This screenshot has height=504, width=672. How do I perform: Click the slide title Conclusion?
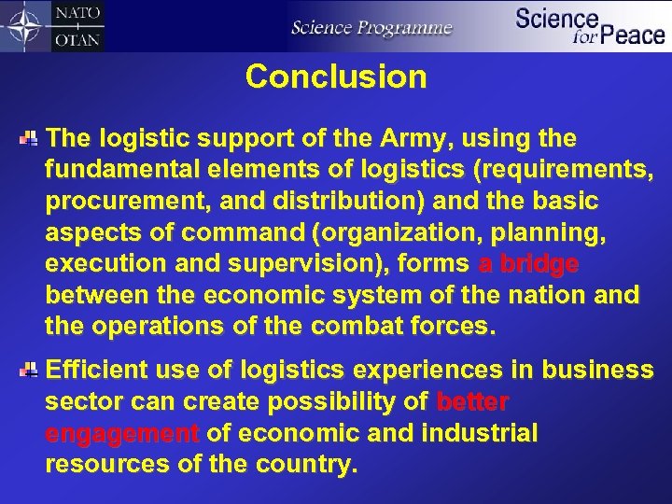coord(336,77)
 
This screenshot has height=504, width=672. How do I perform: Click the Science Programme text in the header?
coord(371,27)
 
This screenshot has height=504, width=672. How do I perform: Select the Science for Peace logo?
coord(589,25)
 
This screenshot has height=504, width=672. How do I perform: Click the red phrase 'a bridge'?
coord(527,265)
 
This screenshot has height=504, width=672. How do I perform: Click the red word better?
coord(472,402)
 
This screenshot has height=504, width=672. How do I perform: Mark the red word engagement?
coord(122,434)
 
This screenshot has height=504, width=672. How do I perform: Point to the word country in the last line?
coord(313,465)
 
